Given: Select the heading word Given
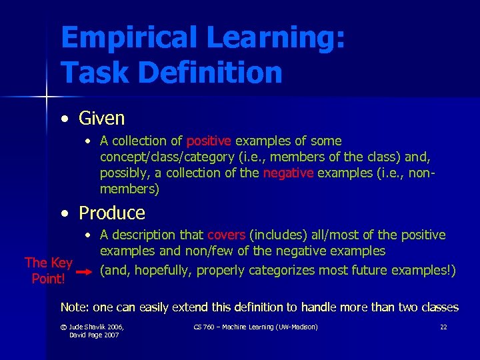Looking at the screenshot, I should tap(101, 119).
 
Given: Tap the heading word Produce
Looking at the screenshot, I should tap(111, 213).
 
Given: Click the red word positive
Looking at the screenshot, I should tap(209, 141).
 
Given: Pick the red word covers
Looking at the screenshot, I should tap(226, 235).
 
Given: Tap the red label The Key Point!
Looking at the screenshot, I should tap(48, 271).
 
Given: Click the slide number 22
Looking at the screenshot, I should tap(443, 327).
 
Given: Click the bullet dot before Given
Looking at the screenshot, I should tap(63, 119).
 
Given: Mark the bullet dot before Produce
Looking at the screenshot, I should tap(63, 213).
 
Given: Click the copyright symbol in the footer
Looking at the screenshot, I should tap(63, 327).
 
